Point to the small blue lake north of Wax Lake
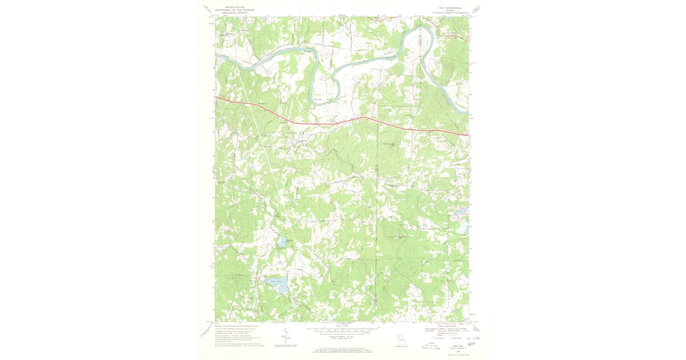(281, 242)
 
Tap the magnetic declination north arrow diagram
(285, 337)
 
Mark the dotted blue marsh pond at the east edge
(462, 227)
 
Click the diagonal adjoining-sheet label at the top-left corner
(207, 9)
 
